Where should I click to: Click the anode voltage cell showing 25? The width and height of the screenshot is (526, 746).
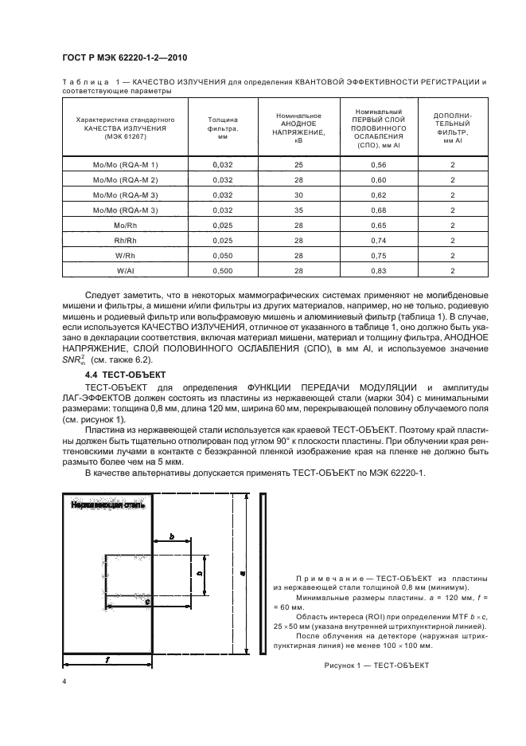tap(298, 164)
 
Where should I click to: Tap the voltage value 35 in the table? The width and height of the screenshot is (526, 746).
tap(298, 210)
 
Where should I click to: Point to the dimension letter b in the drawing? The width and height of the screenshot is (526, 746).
tap(172, 539)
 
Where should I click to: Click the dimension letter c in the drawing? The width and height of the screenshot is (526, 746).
tap(148, 603)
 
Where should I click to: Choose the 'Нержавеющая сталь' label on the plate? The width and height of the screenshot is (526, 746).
tap(107, 505)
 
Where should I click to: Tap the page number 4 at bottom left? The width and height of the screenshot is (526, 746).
tap(64, 682)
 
